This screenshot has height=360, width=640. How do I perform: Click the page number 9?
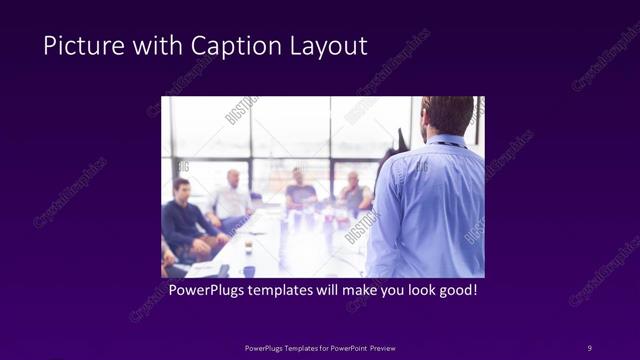pyautogui.click(x=589, y=347)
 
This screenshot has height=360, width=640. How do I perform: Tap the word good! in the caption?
pyautogui.click(x=455, y=291)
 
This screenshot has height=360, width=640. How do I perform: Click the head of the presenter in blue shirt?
pyautogui.click(x=446, y=114)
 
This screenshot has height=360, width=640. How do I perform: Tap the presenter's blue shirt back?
pyautogui.click(x=430, y=210)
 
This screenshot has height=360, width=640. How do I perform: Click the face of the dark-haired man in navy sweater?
pyautogui.click(x=182, y=189)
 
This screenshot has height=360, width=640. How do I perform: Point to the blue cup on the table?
pyautogui.click(x=248, y=271)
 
